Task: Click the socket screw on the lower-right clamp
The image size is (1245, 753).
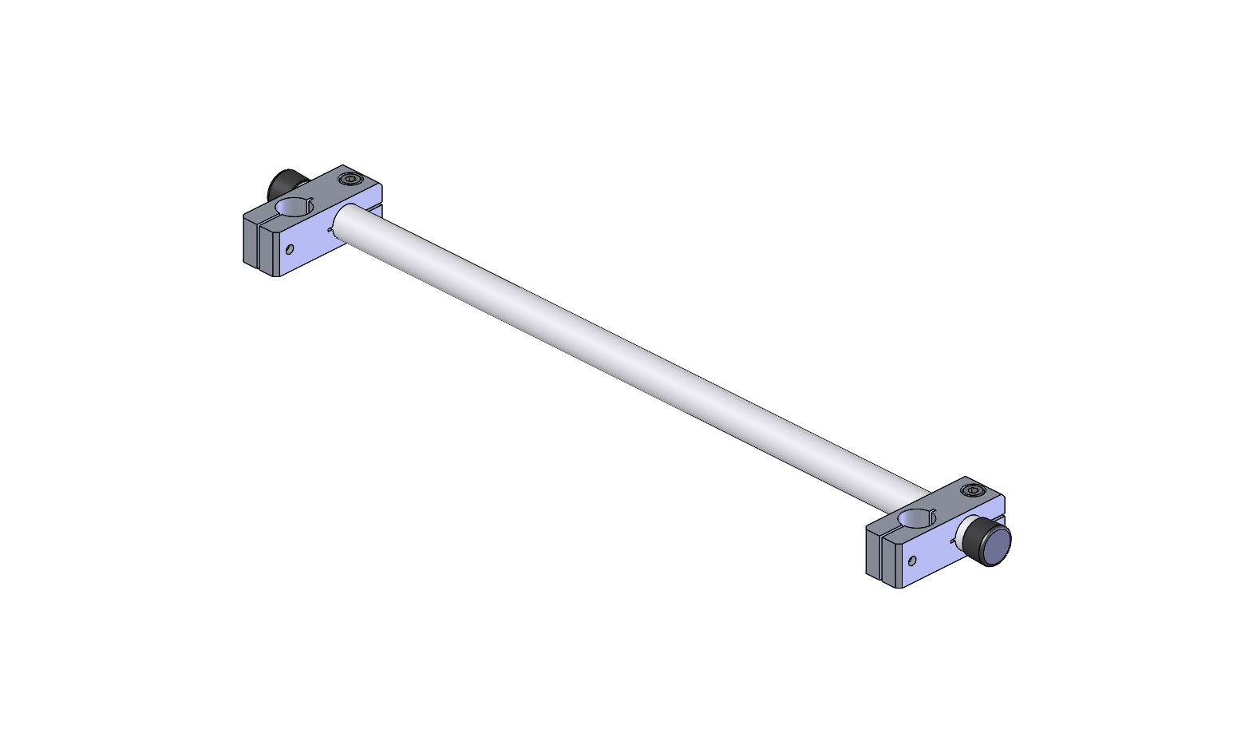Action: click(x=972, y=489)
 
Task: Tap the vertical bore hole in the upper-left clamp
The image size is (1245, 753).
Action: click(x=294, y=208)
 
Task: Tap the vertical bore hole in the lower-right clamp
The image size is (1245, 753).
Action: click(x=916, y=519)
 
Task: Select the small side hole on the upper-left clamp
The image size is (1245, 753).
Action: click(x=289, y=250)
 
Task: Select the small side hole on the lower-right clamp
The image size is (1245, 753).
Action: click(x=912, y=561)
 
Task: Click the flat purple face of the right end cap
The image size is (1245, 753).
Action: click(x=996, y=548)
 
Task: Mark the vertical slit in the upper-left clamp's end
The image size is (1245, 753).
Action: click(x=259, y=244)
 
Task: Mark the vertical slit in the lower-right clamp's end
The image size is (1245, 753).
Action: click(x=882, y=556)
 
